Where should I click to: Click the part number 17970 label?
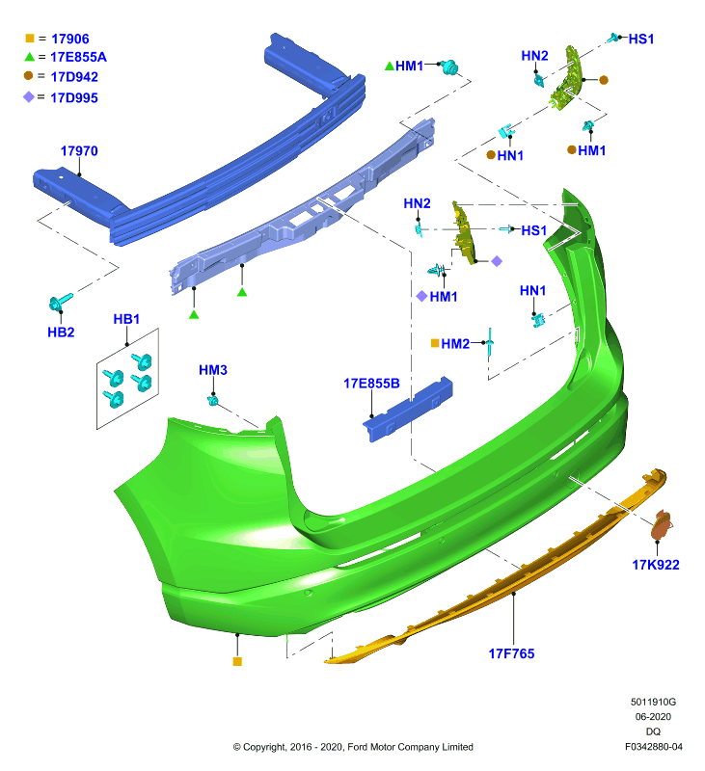[79, 151]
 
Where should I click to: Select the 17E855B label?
[371, 384]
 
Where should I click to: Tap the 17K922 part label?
[656, 565]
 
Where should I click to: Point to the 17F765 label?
[511, 653]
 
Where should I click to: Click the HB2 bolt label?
[61, 332]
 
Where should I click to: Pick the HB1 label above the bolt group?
[126, 319]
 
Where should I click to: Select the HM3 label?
[213, 370]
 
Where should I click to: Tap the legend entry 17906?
[70, 39]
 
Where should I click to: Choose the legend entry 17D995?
[74, 98]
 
